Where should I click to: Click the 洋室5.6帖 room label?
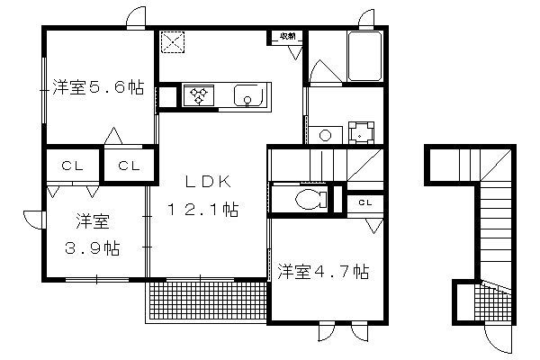98,87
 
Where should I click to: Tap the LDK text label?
208,182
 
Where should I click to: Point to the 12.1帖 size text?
202,209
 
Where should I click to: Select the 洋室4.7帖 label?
323,272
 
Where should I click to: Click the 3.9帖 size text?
93,247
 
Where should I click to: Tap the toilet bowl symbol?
311,200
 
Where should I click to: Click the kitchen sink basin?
248,95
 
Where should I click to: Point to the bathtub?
364,57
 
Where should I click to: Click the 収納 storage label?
288,36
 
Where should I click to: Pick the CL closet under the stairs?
365,202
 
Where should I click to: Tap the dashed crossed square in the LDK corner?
173,42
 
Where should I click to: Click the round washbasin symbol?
325,135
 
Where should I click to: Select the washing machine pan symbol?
361,132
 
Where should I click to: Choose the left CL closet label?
72,166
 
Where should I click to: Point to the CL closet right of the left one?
129,166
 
